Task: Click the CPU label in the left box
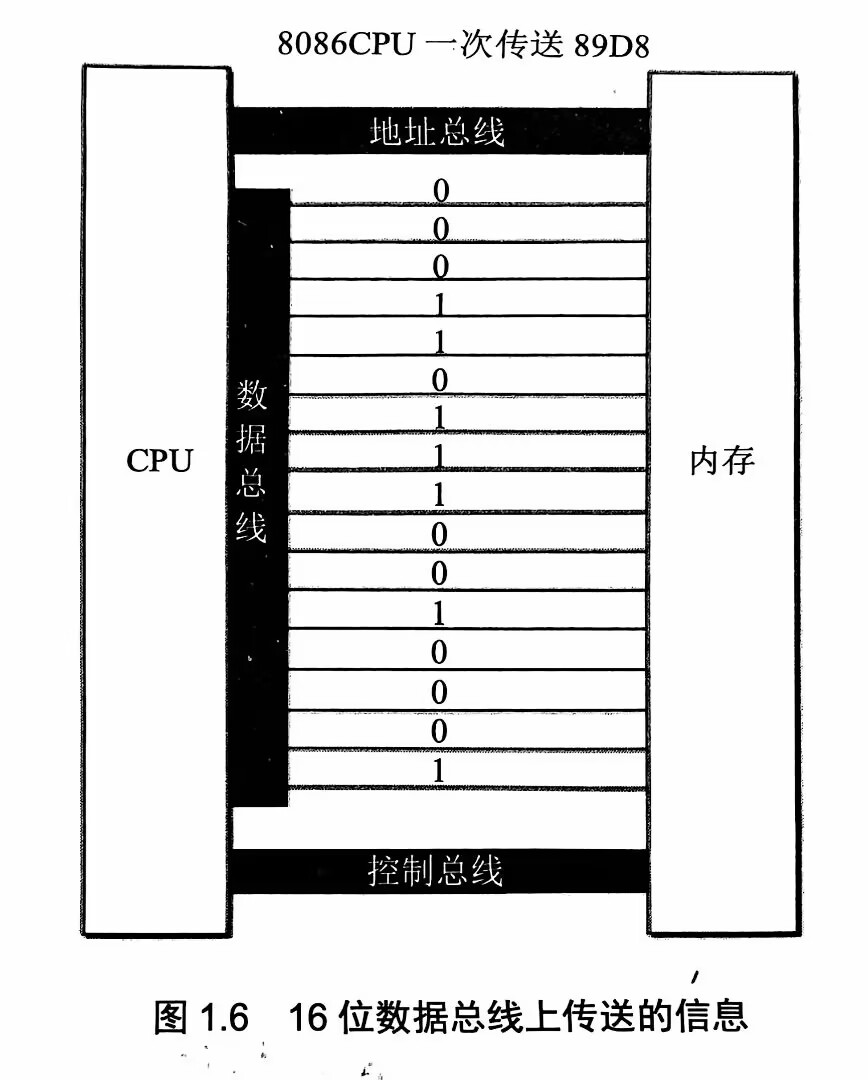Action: [159, 461]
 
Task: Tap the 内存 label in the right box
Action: [722, 461]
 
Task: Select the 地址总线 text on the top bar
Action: [437, 132]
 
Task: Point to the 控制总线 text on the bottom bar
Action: [435, 871]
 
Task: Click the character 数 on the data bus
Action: [251, 394]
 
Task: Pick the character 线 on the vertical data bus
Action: [251, 527]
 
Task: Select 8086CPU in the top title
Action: [347, 43]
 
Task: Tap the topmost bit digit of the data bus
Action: [441, 191]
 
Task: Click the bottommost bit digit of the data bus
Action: [439, 770]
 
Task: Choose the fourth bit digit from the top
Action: [440, 304]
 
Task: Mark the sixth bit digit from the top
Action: [440, 380]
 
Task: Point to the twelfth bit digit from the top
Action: [439, 613]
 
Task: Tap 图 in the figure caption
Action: [170, 1017]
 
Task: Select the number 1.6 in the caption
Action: [224, 1017]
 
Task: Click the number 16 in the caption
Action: [307, 1017]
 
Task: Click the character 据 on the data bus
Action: [251, 438]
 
